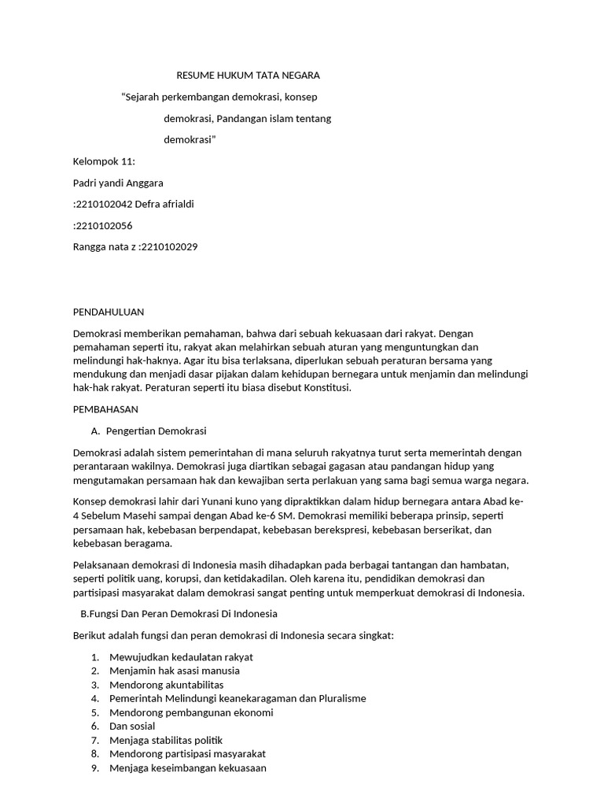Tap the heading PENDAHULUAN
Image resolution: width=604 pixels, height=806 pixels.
(x=109, y=312)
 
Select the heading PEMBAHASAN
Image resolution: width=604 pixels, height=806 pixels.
(x=105, y=409)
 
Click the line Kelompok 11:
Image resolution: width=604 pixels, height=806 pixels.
(x=104, y=161)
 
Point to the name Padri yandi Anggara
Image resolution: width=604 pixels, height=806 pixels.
(x=118, y=183)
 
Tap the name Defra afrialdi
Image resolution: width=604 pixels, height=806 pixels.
(x=164, y=204)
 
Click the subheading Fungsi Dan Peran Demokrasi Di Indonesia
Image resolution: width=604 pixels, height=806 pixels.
(x=176, y=613)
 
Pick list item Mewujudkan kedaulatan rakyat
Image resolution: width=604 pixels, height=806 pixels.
(x=181, y=656)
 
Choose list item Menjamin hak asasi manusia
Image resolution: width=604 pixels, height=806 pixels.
(x=175, y=671)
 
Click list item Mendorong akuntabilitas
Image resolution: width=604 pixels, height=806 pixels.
(x=166, y=685)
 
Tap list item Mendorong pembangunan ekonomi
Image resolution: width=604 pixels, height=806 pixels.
(x=191, y=712)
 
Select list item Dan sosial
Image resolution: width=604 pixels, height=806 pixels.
(x=132, y=726)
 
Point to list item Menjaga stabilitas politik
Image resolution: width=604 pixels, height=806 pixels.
(x=166, y=740)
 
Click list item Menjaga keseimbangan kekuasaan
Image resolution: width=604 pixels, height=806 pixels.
(x=188, y=768)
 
